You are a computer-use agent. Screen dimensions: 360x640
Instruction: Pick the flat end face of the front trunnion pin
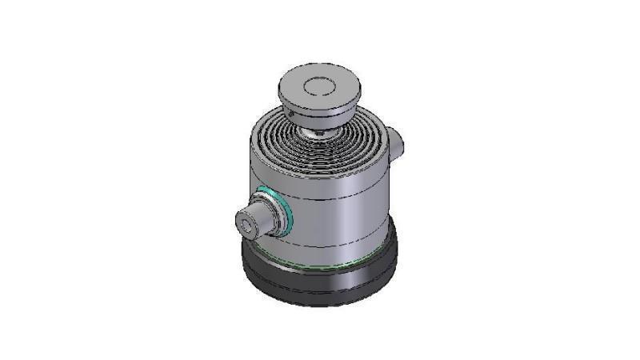pos(247,224)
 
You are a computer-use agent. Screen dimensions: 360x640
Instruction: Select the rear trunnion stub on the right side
pos(398,144)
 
